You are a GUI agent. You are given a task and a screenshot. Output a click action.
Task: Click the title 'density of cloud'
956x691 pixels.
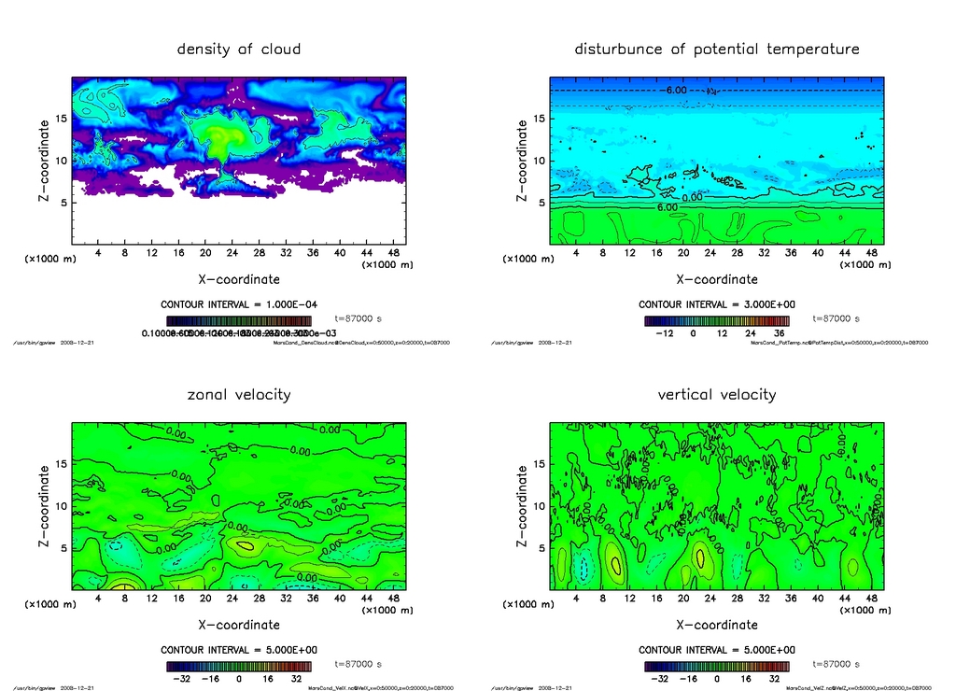239,49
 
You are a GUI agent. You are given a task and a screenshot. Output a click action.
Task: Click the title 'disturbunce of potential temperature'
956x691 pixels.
717,49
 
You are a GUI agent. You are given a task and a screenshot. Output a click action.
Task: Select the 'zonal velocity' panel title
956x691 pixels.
239,394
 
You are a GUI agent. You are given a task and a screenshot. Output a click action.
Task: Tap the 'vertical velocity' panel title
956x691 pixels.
717,394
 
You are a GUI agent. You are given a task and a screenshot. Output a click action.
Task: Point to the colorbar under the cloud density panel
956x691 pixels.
239,320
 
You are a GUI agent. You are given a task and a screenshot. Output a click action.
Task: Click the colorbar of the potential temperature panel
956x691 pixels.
717,320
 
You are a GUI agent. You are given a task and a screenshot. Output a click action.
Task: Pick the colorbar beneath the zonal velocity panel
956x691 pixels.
239,667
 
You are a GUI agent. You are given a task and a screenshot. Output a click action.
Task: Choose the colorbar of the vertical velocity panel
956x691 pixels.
717,667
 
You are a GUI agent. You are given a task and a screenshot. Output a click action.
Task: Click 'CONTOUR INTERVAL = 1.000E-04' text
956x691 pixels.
239,304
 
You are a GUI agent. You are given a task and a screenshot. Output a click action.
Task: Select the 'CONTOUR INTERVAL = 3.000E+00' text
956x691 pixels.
717,304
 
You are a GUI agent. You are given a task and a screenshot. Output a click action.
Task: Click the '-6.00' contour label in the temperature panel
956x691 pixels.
672,91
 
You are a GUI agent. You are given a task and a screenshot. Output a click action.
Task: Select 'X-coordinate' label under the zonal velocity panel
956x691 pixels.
239,625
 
